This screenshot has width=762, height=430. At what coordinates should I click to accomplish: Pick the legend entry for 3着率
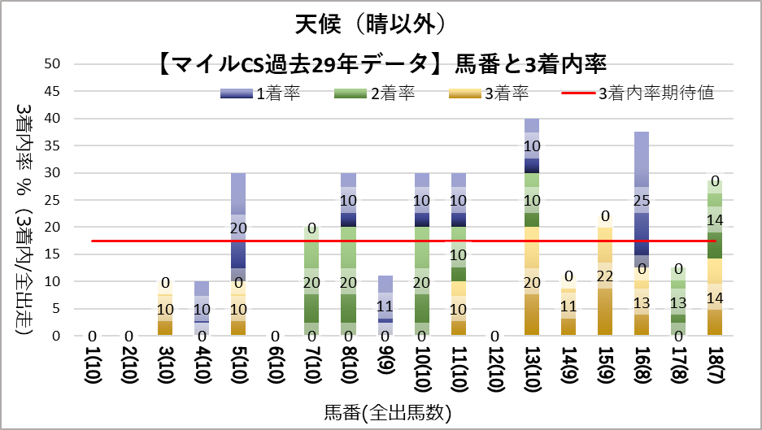click(x=489, y=93)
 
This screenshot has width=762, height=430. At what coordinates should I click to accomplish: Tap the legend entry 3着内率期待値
click(x=638, y=93)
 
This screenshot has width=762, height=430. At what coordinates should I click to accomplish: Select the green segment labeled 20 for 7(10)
click(x=311, y=281)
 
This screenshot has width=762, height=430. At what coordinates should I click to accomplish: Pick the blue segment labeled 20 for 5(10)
click(x=238, y=227)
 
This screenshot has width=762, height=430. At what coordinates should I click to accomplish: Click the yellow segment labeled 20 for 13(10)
click(x=532, y=281)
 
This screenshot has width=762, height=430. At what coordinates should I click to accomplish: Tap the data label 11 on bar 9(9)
click(x=385, y=306)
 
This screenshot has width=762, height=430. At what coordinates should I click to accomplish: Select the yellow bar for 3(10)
click(x=166, y=308)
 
